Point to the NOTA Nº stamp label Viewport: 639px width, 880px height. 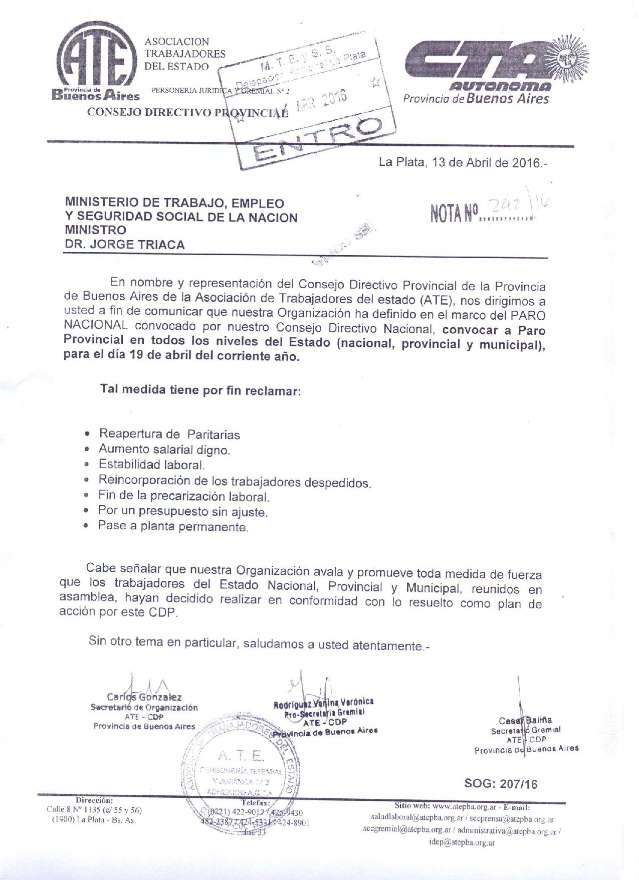click(x=454, y=212)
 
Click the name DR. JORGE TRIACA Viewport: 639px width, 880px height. click(x=124, y=245)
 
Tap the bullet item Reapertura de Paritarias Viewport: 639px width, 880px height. click(x=169, y=434)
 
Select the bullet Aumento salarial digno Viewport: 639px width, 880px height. click(x=164, y=449)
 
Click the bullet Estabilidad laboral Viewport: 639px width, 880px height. click(x=151, y=465)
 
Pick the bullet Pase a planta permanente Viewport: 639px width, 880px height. click(x=173, y=527)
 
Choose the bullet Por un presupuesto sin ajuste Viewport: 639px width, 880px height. click(x=182, y=512)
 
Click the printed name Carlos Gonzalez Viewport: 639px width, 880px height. click(x=144, y=697)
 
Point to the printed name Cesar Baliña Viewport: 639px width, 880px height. click(x=525, y=721)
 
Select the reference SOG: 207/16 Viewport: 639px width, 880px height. click(x=501, y=784)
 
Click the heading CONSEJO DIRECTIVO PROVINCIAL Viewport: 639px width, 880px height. click(x=187, y=112)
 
